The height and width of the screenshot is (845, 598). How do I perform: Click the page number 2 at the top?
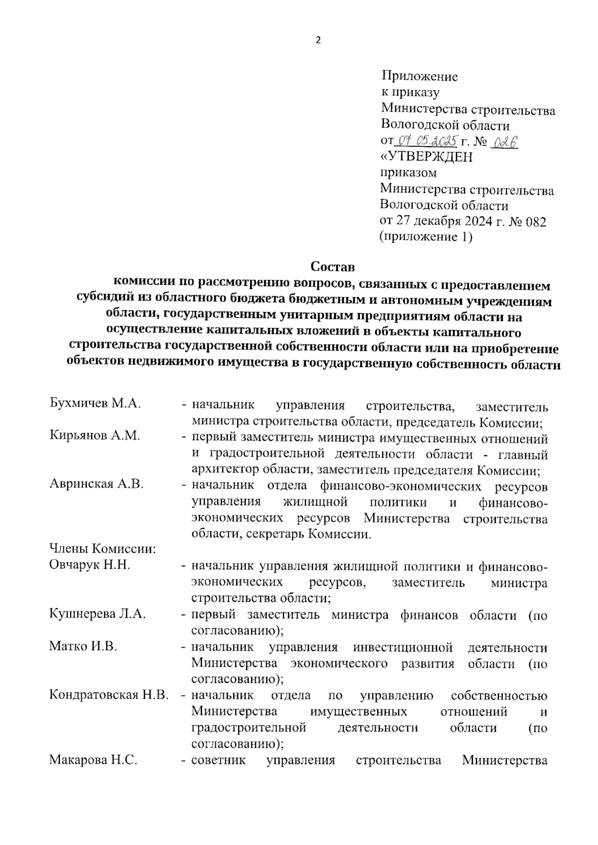click(x=318, y=41)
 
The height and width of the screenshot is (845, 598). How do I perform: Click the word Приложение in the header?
click(x=419, y=76)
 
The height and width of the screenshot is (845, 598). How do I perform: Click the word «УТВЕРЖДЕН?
click(x=426, y=157)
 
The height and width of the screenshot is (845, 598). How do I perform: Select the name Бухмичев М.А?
click(x=95, y=404)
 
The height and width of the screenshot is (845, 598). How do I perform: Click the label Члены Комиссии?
click(x=103, y=549)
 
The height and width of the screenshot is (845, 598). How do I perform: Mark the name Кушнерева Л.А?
click(x=97, y=614)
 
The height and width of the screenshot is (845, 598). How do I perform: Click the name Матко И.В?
click(x=83, y=647)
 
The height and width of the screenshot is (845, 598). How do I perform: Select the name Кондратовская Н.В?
click(x=109, y=695)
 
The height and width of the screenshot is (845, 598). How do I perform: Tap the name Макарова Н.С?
click(x=93, y=760)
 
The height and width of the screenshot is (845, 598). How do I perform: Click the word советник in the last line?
click(x=218, y=761)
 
